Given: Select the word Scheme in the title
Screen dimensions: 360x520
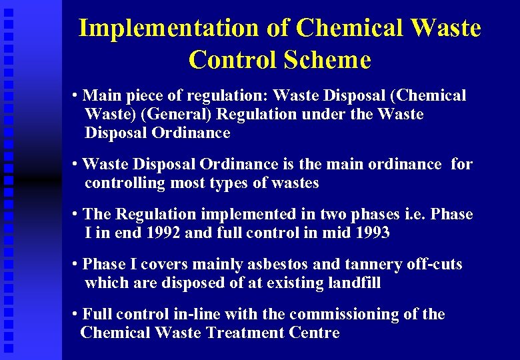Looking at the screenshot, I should [327, 60].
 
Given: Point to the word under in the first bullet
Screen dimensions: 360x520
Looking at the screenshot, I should [323, 114].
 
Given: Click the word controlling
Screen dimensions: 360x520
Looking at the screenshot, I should [125, 183].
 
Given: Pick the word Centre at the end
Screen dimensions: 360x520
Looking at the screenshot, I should [315, 333].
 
